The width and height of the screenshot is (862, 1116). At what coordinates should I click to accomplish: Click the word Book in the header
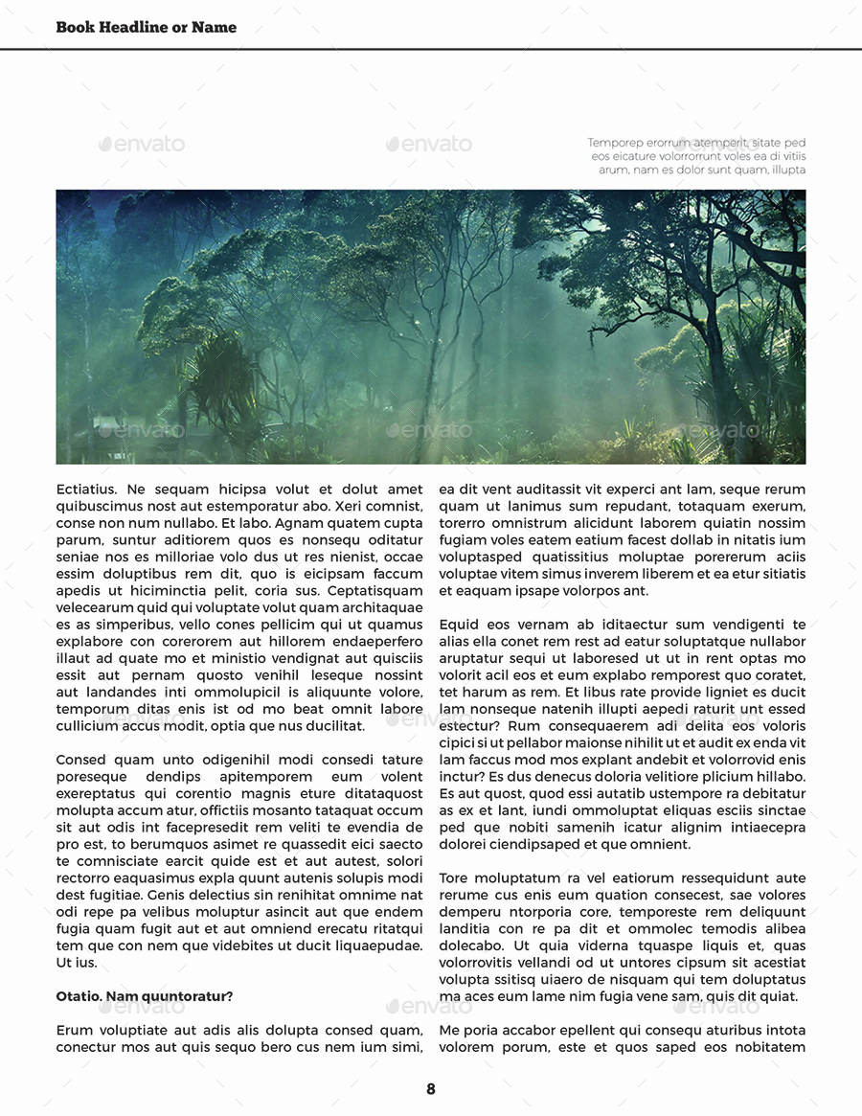click(75, 27)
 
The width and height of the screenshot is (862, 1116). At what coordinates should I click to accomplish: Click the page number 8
click(431, 1089)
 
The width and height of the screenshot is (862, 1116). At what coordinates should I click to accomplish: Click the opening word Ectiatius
click(86, 490)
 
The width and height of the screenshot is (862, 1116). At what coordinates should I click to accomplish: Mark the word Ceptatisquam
click(374, 591)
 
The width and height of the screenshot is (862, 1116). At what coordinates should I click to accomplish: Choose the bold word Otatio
click(79, 996)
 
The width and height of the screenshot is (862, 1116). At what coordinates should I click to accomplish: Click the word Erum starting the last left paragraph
click(74, 1030)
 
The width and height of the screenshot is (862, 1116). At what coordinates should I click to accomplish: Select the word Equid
click(461, 625)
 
